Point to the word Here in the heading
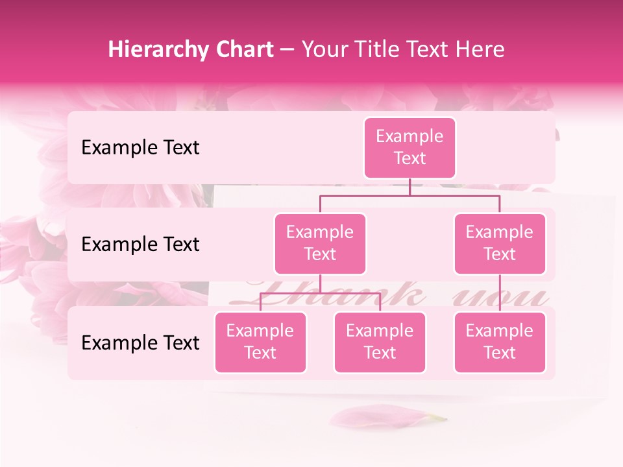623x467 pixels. tap(481, 49)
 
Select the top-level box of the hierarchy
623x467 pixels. tap(409, 147)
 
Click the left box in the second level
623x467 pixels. tap(320, 243)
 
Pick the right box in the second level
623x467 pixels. tap(500, 243)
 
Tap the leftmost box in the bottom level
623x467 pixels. tap(260, 342)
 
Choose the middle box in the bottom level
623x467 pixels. tap(380, 342)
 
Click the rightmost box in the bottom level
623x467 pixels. tap(500, 342)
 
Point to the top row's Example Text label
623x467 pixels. tap(140, 148)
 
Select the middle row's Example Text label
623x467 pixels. tap(140, 245)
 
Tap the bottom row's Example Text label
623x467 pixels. tap(140, 343)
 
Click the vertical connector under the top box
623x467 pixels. tap(409, 187)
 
